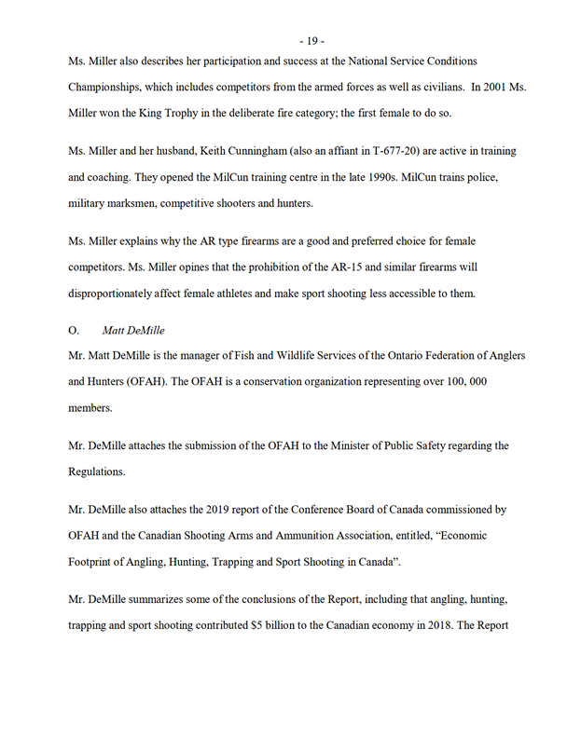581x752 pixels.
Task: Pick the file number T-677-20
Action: point(380,151)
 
